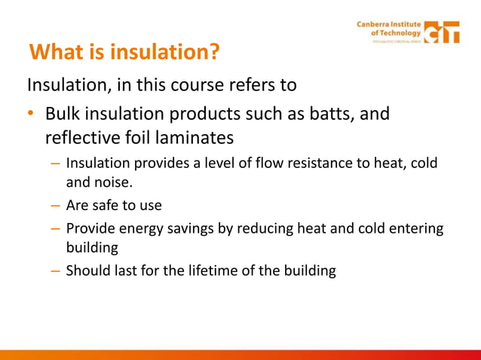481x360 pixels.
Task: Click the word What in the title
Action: [x=57, y=53]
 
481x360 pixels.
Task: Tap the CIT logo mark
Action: [x=442, y=32]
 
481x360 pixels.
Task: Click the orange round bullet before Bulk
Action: [x=30, y=114]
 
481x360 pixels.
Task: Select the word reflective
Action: [x=85, y=139]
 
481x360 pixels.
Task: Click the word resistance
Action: [x=295, y=163]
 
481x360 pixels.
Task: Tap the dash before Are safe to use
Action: [x=55, y=205]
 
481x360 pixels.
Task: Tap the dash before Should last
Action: [x=55, y=270]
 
